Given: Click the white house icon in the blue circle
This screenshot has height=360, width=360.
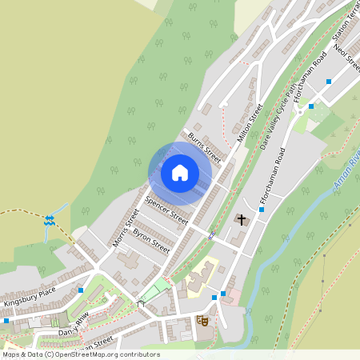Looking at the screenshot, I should coord(180,172).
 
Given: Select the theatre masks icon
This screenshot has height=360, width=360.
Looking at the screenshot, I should coord(202,320).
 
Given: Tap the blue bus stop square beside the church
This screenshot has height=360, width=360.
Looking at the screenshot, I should coord(262,210).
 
